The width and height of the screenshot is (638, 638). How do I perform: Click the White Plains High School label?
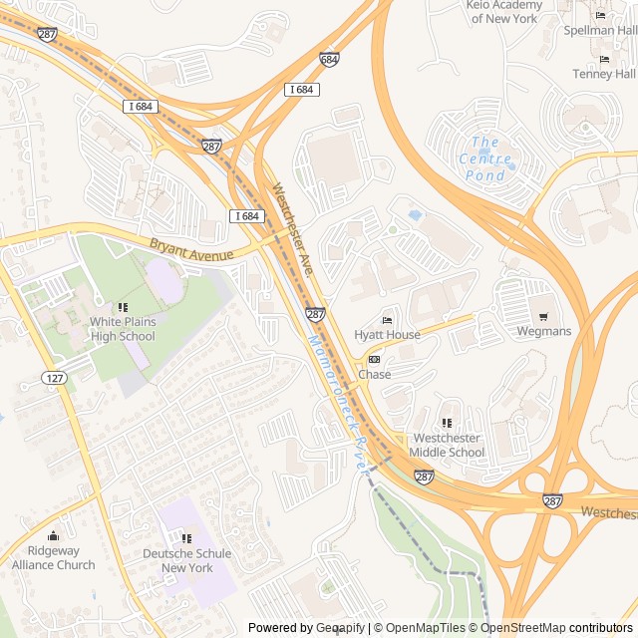[123, 329]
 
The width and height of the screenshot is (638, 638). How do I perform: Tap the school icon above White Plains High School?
[123, 307]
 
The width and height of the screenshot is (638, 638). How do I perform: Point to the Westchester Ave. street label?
[295, 228]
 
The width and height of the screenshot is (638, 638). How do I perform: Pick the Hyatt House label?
[388, 335]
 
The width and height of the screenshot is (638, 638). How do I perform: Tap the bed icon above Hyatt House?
[388, 320]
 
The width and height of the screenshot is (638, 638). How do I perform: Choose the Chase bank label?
[375, 375]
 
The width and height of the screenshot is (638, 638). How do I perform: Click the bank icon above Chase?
[375, 360]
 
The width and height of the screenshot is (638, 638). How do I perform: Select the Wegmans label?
[544, 331]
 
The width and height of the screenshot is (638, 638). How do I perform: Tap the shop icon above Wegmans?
[544, 316]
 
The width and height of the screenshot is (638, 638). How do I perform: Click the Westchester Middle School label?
[449, 445]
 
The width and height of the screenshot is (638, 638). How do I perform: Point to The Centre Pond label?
[485, 159]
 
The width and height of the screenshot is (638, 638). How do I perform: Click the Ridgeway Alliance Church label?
[54, 557]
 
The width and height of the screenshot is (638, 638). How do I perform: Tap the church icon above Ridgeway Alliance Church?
[54, 536]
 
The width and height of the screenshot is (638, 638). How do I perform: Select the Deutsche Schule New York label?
[187, 560]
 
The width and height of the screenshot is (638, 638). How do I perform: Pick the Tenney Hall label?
[604, 74]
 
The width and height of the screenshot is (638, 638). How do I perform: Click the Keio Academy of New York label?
[504, 11]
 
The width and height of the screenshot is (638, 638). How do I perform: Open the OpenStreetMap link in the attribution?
[517, 628]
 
